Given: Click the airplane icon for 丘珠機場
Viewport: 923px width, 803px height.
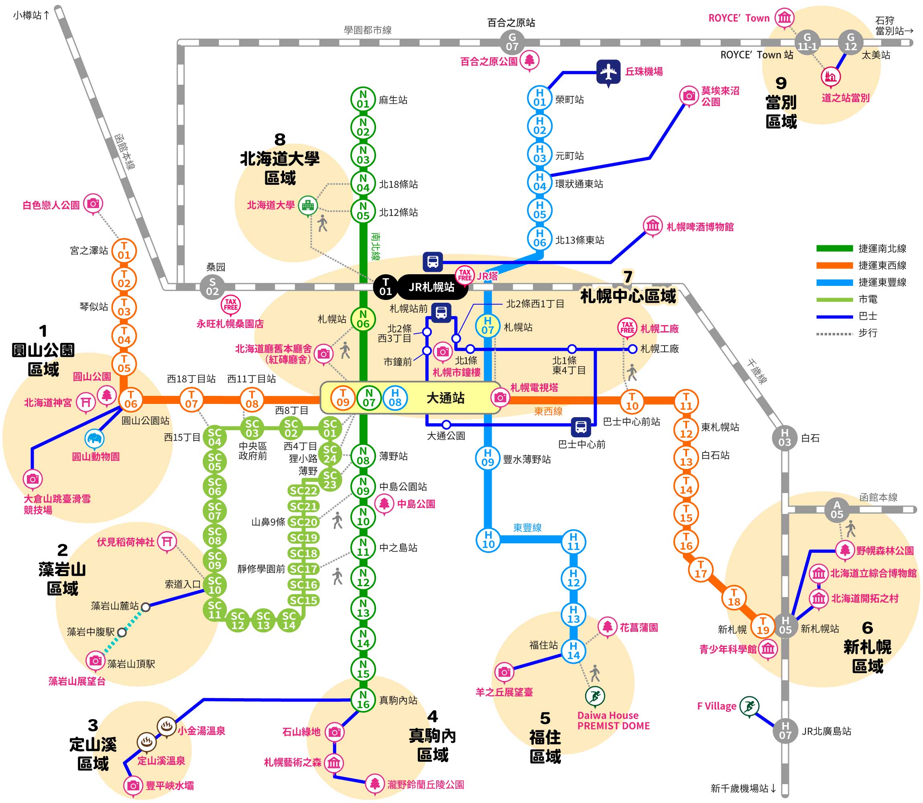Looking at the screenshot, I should click(x=608, y=72).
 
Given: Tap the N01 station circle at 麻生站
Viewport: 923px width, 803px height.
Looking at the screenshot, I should click(x=363, y=99).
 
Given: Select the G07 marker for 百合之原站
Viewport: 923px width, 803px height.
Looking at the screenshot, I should click(x=512, y=42).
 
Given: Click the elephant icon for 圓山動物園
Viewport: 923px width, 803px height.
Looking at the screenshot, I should click(x=94, y=439).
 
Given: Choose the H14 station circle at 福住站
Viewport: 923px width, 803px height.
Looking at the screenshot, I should click(x=573, y=651).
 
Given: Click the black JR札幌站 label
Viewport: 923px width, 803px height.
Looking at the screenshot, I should click(x=432, y=287).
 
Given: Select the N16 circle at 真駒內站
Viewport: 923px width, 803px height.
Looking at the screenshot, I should click(x=363, y=700).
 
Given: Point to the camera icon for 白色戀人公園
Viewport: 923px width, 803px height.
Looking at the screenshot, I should click(x=93, y=204).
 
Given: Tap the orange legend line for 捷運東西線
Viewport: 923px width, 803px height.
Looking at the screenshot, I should click(x=834, y=265).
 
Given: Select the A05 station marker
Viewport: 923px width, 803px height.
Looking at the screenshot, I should click(x=837, y=510).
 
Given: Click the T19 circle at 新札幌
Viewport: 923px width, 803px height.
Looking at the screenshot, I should click(x=762, y=626).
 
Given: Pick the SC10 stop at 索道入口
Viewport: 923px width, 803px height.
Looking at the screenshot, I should click(x=215, y=585).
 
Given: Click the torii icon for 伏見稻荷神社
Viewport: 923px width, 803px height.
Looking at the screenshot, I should click(x=167, y=542).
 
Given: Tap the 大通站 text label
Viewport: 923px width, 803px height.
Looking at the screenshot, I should click(x=445, y=398).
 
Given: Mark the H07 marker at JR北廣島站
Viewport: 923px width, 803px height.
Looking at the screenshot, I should click(x=785, y=731).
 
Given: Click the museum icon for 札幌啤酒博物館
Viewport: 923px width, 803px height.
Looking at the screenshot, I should click(x=653, y=225).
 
